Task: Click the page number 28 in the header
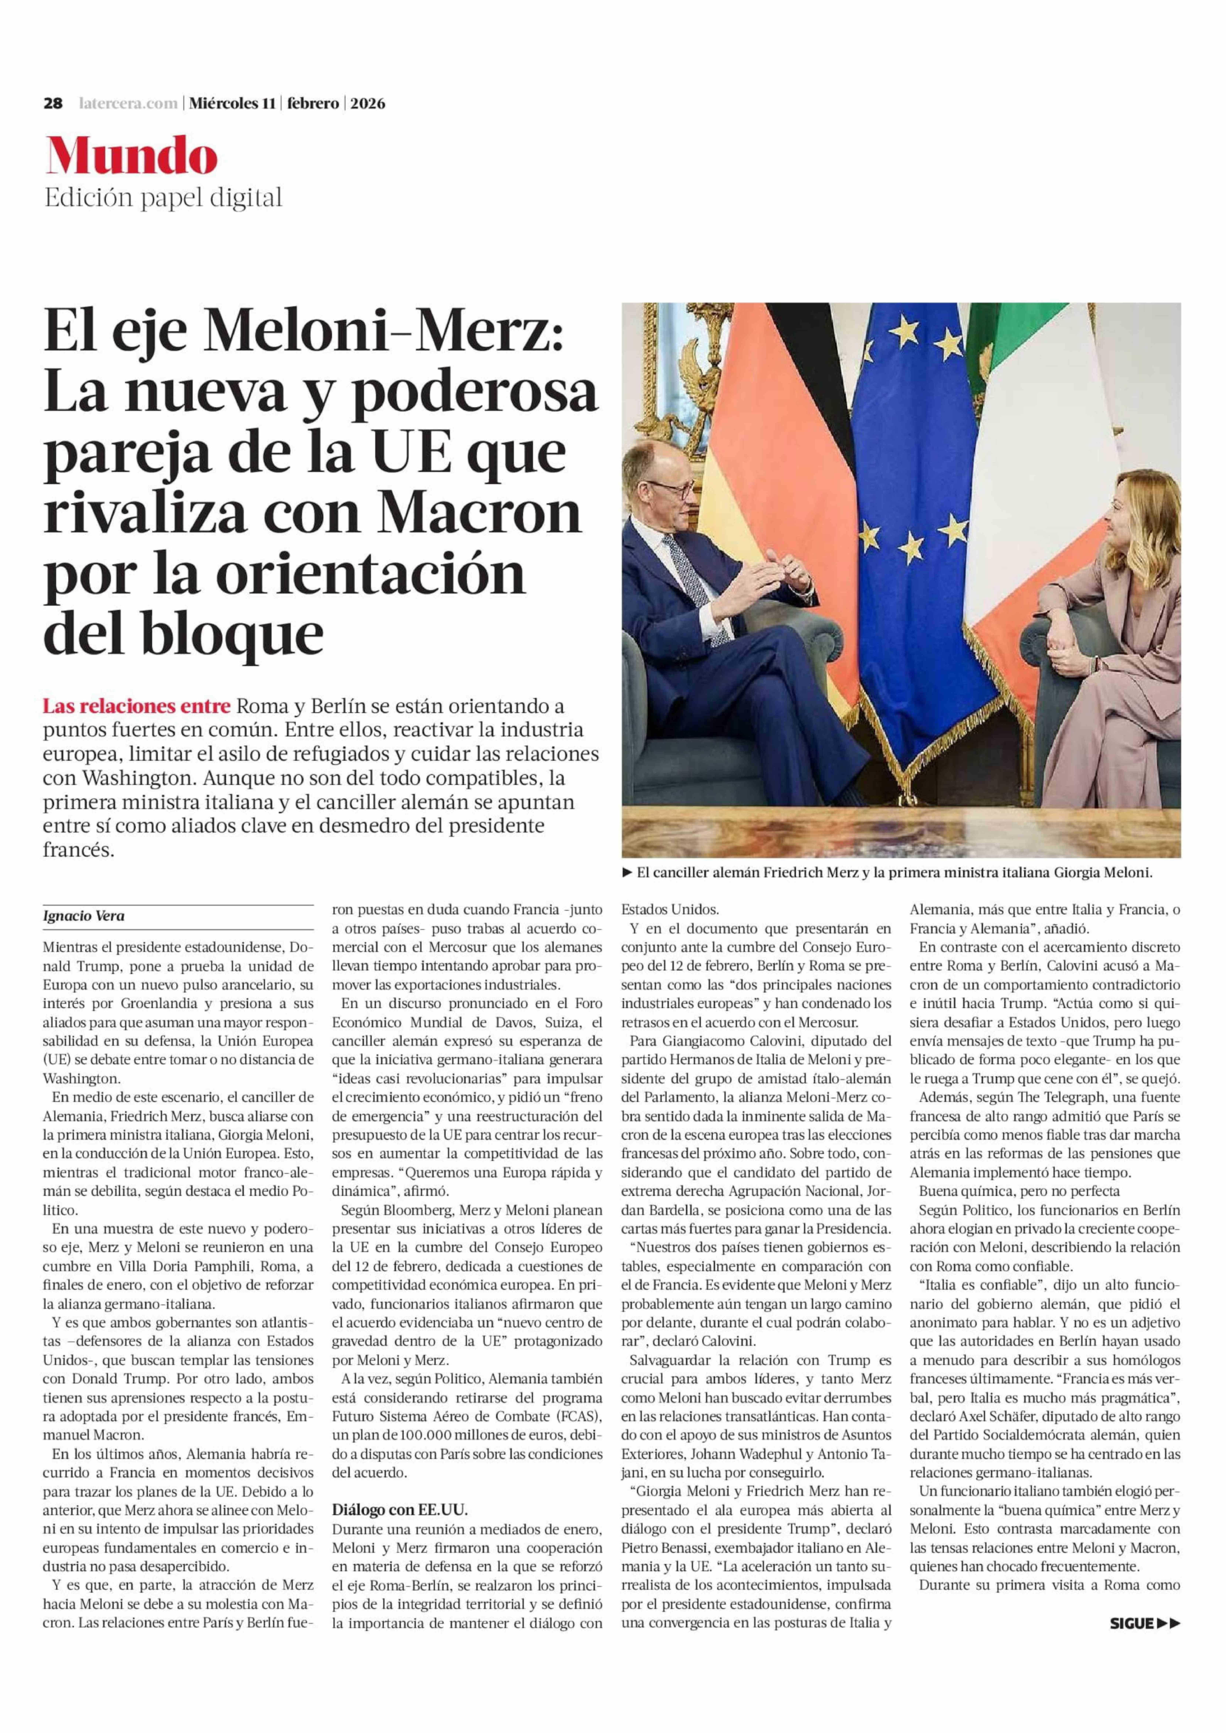(53, 103)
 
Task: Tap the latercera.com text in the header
(128, 103)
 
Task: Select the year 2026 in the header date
(368, 103)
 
